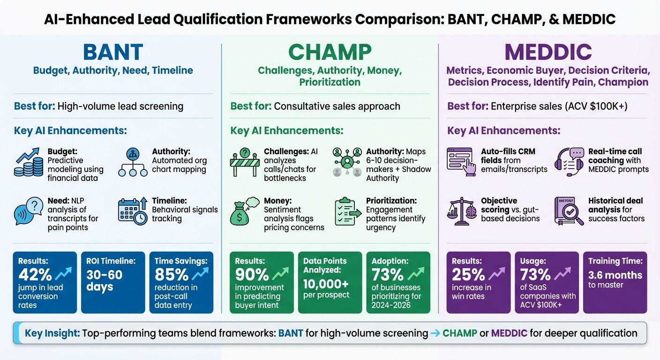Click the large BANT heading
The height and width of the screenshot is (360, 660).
pyautogui.click(x=112, y=52)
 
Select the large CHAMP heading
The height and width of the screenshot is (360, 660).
pyautogui.click(x=330, y=52)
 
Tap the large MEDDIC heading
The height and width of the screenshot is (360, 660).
pyautogui.click(x=548, y=52)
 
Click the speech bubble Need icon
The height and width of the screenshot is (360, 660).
pyautogui.click(x=28, y=211)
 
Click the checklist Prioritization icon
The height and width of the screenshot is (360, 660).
pyautogui.click(x=347, y=211)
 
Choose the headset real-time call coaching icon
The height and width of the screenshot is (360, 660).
pyautogui.click(x=569, y=162)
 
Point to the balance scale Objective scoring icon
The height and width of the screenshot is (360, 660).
pyautogui.click(x=462, y=211)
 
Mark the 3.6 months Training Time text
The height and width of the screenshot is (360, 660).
pyautogui.click(x=615, y=275)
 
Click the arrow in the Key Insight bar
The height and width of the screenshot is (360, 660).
pyautogui.click(x=435, y=334)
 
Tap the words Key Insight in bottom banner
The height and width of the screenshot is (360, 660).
pyautogui.click(x=52, y=333)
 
